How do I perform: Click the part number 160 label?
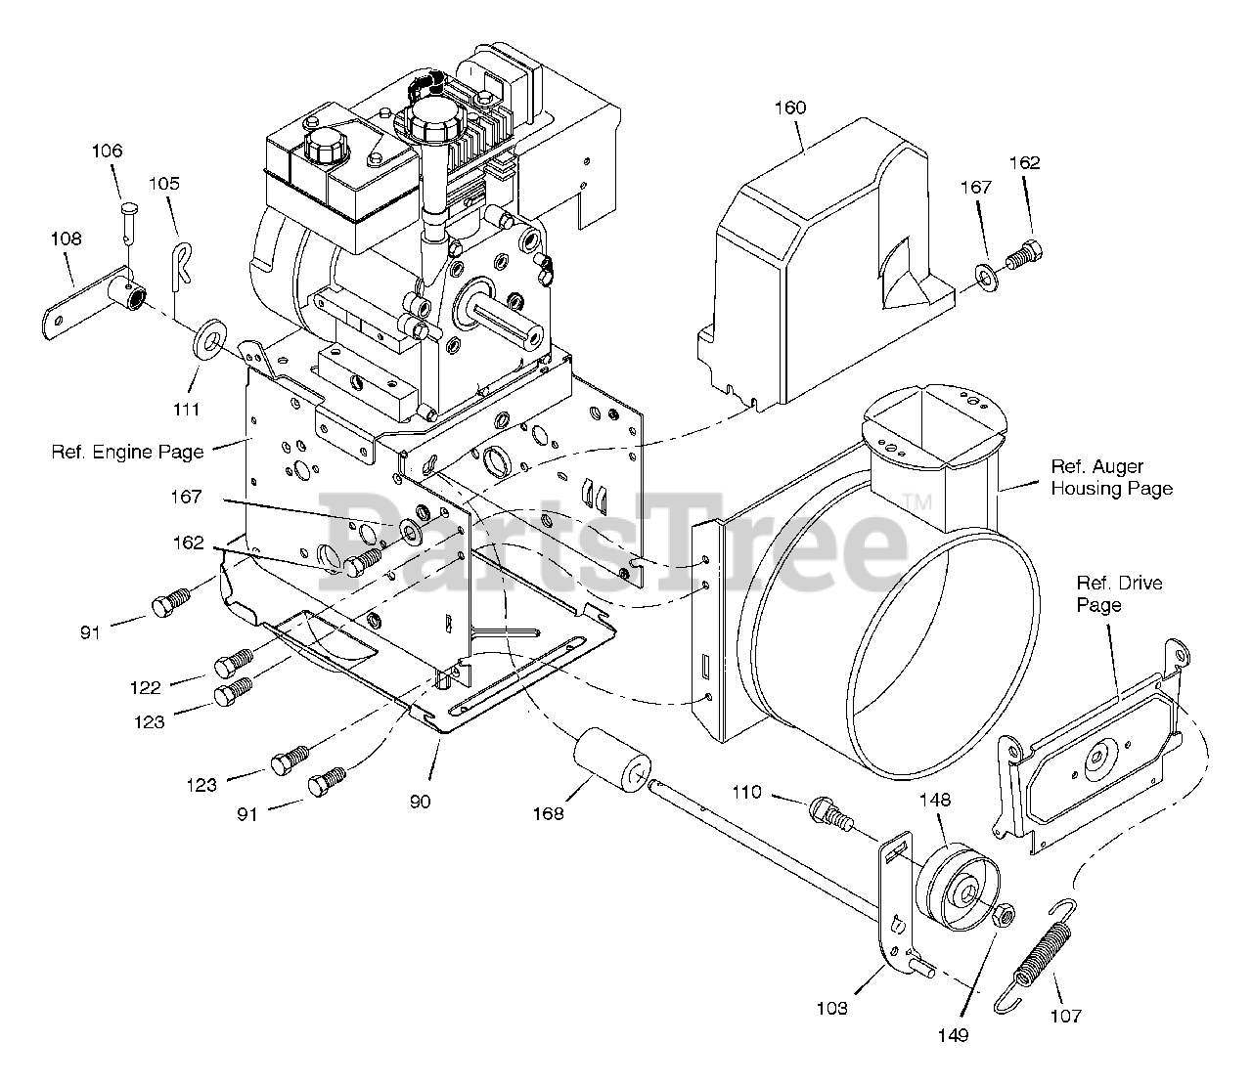(790, 108)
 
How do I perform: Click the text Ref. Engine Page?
(127, 452)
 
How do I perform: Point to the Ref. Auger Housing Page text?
(1111, 477)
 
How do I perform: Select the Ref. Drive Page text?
(1119, 593)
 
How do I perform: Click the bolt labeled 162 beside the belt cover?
(1023, 255)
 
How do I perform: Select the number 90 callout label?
(421, 802)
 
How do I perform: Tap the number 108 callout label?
(67, 239)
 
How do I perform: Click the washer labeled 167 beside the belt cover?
(985, 279)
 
